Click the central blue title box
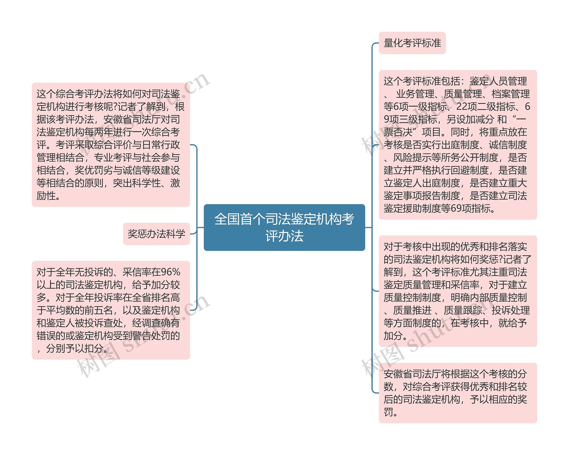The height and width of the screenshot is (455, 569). (284, 227)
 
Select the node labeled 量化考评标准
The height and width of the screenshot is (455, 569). (412, 43)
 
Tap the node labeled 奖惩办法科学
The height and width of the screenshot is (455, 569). (156, 234)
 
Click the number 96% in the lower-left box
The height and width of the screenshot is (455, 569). (170, 272)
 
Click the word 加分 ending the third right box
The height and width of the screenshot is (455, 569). (393, 336)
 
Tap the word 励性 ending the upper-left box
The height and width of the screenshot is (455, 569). (46, 196)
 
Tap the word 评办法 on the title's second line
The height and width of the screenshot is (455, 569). (284, 236)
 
